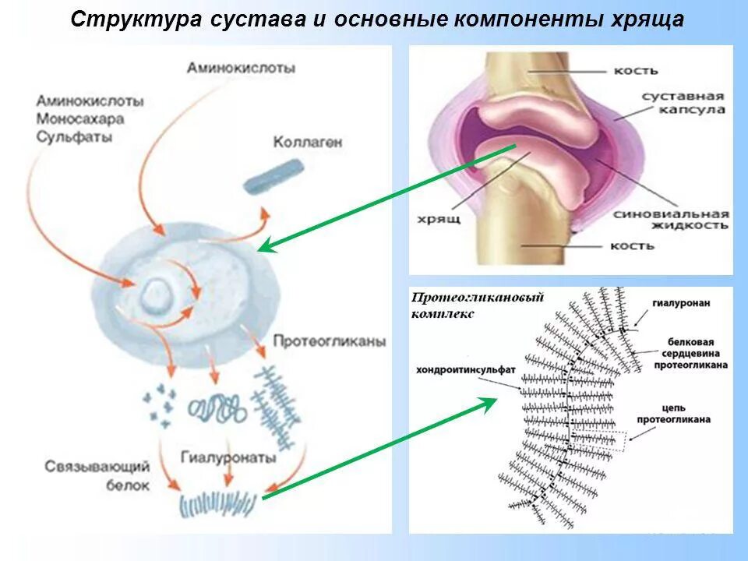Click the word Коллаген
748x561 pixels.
pos(307,143)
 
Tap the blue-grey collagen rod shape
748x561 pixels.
pos(273,176)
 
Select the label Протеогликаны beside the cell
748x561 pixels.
pos(329,342)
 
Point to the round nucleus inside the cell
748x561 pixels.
pos(156,295)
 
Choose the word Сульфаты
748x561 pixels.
pos(74,136)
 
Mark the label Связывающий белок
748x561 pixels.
pos(97,475)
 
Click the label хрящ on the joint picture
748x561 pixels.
pos(441,219)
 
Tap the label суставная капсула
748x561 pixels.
pos(683,103)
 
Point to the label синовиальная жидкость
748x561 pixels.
pos(671,219)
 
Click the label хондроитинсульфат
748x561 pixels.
pos(466,369)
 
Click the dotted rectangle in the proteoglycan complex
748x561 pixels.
pos(598,441)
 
